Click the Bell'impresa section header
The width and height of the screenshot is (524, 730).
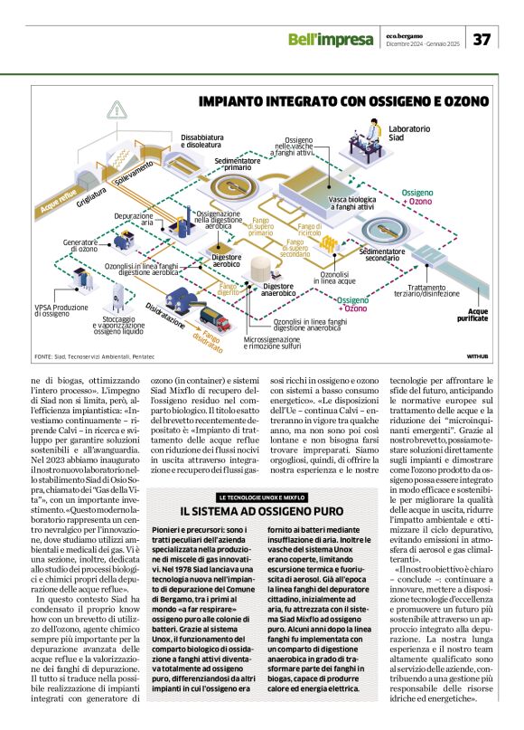[x=330, y=39]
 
